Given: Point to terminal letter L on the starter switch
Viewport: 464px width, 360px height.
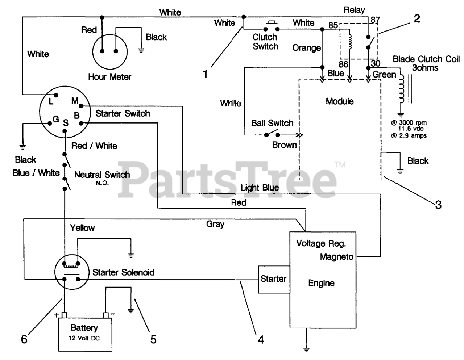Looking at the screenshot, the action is (51, 101).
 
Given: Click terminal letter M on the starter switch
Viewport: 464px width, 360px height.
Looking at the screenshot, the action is (75, 100).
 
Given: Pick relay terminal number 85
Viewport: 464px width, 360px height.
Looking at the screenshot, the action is (333, 25).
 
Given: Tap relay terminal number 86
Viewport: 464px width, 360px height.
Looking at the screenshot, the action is (343, 64).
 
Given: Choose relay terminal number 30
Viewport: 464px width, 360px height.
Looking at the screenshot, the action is (376, 63).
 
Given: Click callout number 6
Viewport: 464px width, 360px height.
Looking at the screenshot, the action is (24, 339).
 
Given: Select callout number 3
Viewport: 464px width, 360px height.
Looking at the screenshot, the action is (438, 205).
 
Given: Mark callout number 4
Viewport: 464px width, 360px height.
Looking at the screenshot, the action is (261, 339).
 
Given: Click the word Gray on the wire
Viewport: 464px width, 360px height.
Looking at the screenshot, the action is (215, 225).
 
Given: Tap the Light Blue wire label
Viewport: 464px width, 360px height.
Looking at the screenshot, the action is (260, 188).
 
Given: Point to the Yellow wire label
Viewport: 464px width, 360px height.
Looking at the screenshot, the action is (82, 228).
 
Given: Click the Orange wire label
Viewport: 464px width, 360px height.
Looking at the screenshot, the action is (306, 48).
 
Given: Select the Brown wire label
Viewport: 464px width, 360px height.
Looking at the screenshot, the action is (284, 145).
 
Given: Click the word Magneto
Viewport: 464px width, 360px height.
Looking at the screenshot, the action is (337, 256).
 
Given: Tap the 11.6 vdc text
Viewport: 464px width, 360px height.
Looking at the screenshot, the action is (411, 129).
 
